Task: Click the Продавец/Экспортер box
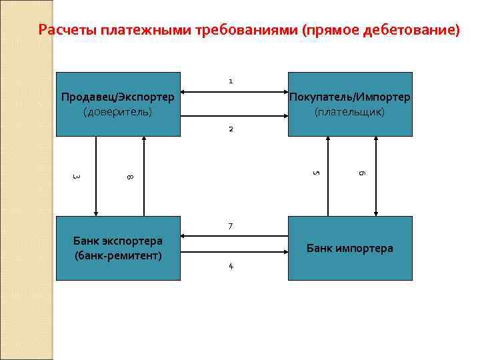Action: (118, 104)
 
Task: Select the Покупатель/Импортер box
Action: (349, 104)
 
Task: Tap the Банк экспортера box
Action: (118, 248)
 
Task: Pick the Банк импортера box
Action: (349, 248)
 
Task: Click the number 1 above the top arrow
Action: (231, 81)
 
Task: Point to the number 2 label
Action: (231, 129)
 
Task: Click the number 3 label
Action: (77, 177)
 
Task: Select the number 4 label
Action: (231, 267)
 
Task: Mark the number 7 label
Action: (231, 227)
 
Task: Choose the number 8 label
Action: (130, 177)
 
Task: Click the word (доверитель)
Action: (118, 111)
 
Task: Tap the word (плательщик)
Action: (349, 111)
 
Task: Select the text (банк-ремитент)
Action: (118, 255)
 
